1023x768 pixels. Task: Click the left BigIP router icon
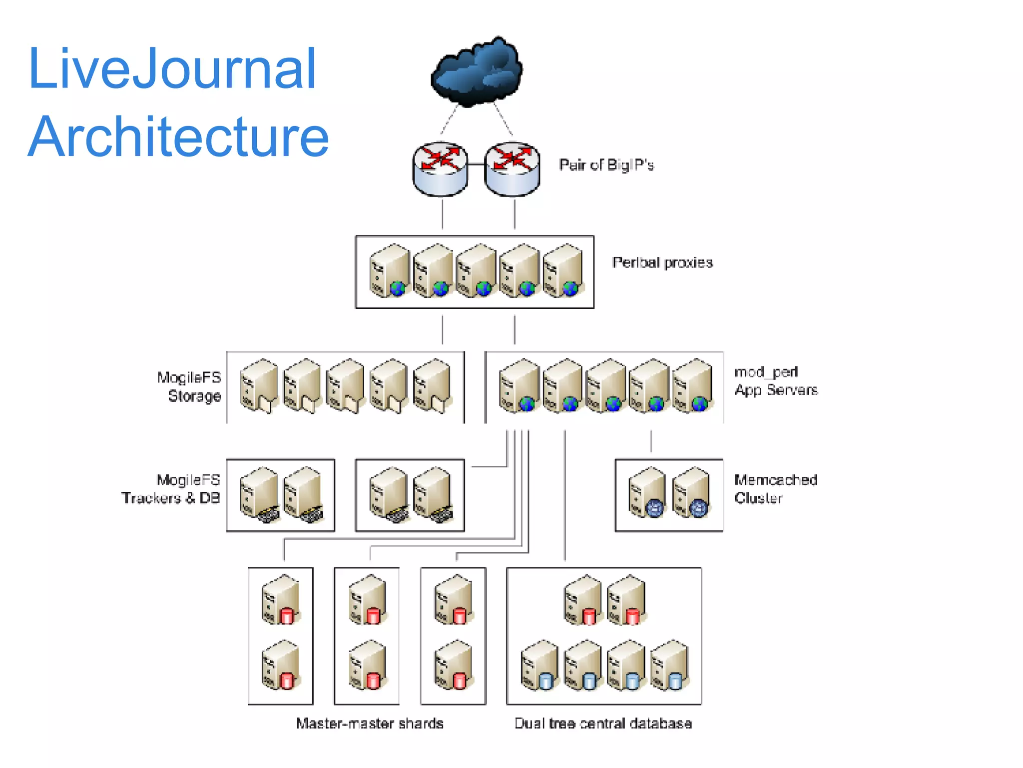(440, 169)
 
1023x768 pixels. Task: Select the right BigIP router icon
(512, 169)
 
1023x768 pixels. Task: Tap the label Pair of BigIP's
(606, 165)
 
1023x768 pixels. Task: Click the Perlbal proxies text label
(662, 262)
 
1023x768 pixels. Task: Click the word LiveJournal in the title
(172, 68)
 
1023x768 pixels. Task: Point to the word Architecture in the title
(178, 136)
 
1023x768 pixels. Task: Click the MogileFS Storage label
(189, 386)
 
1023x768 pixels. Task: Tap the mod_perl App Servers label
(776, 381)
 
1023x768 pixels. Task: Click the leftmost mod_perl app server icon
(519, 385)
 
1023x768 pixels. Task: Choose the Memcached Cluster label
(775, 489)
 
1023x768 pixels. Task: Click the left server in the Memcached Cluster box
(647, 492)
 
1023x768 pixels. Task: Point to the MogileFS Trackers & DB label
(171, 489)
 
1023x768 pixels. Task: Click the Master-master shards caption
(370, 723)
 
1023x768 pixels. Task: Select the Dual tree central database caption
(603, 723)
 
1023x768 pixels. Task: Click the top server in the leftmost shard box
(281, 599)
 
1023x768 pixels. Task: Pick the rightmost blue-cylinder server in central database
(669, 665)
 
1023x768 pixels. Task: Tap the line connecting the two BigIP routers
(476, 164)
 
